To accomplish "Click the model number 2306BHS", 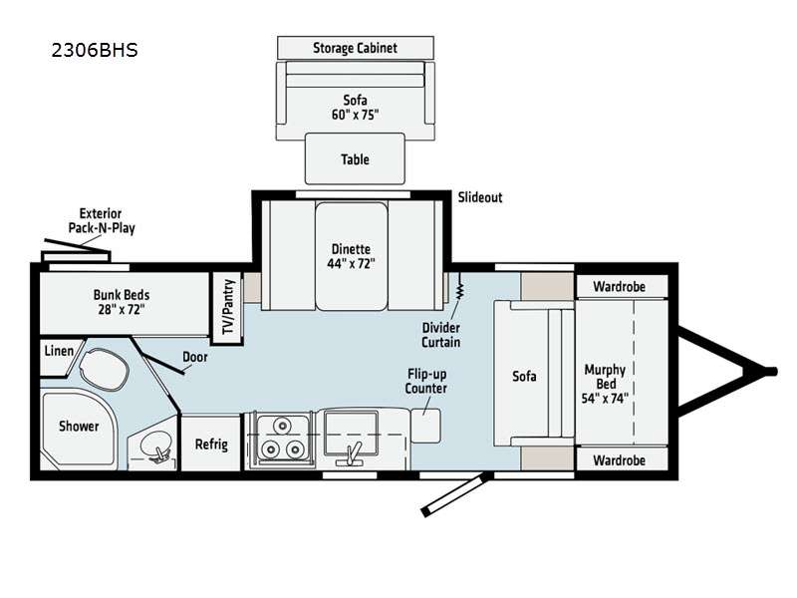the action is pyautogui.click(x=95, y=51).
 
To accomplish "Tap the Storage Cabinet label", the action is pyautogui.click(x=355, y=48).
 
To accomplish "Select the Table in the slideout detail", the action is pyautogui.click(x=355, y=158).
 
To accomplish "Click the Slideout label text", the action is pyautogui.click(x=480, y=197).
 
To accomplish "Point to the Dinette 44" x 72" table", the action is pyautogui.click(x=352, y=256).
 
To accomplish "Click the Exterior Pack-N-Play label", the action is pyautogui.click(x=102, y=220).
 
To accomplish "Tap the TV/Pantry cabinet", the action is pyautogui.click(x=227, y=308).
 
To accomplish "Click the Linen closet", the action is pyautogui.click(x=59, y=356).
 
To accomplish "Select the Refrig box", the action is pyautogui.click(x=211, y=444).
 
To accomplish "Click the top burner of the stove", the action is pyautogui.click(x=281, y=425).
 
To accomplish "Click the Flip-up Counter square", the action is pyautogui.click(x=425, y=426).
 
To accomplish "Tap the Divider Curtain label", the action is pyautogui.click(x=440, y=335).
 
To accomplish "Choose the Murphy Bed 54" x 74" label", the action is pyautogui.click(x=605, y=384).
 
